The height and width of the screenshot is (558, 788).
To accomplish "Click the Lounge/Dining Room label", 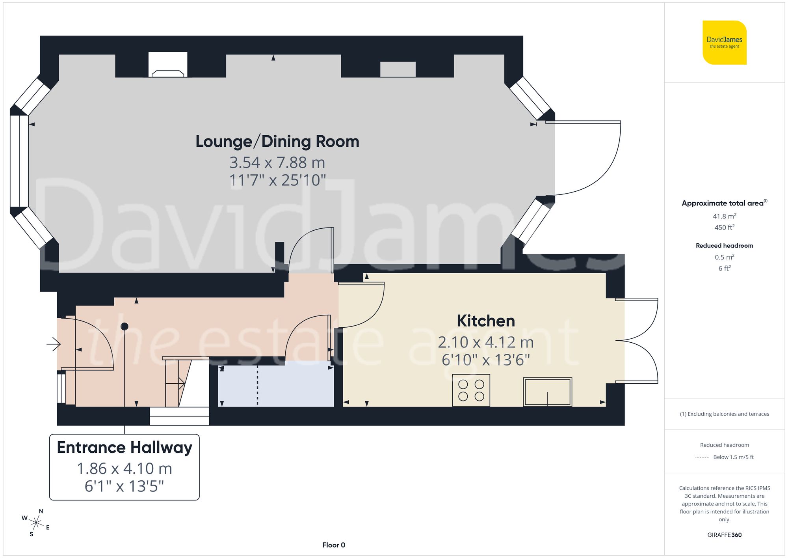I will coord(277,142).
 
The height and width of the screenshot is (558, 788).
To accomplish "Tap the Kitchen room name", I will coord(485,321).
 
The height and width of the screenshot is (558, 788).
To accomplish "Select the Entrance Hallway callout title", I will coord(125,448).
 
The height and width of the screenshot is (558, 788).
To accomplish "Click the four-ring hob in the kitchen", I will coord(471,390).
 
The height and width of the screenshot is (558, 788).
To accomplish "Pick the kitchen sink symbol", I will coord(547,392).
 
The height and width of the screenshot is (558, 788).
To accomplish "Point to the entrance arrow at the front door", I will coord(54,344).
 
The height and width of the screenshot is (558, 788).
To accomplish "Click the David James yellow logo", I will coord(724,43).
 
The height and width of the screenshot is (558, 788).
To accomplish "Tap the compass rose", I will coord(36,523).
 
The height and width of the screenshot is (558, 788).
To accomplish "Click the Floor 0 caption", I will coord(333,545).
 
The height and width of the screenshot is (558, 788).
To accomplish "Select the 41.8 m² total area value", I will coord(724,216).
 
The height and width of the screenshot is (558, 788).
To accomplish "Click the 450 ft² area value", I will coord(724,228).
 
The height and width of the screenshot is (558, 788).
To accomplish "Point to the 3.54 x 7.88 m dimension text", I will coord(277,162).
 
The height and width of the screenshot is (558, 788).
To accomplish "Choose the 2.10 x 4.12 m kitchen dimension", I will coord(485,342).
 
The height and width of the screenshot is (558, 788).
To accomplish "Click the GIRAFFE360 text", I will coord(724,535).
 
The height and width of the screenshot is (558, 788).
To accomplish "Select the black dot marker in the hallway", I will coord(125,327).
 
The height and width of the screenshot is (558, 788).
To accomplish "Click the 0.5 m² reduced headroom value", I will coord(724,257).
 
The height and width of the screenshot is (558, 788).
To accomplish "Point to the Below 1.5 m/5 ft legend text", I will coord(733,457).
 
